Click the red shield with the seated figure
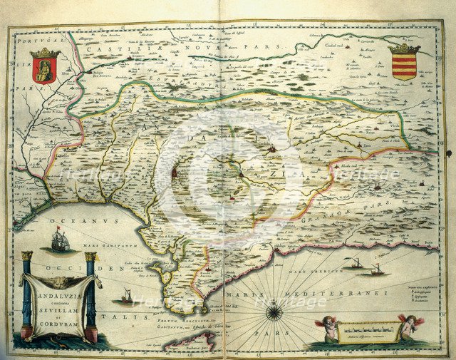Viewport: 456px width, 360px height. coord(44,70)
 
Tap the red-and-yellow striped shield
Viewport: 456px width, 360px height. coord(404,66)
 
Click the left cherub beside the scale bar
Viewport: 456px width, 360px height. coord(326,328)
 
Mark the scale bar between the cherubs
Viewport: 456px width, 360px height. coord(368,331)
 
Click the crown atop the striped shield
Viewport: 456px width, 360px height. coord(404,48)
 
